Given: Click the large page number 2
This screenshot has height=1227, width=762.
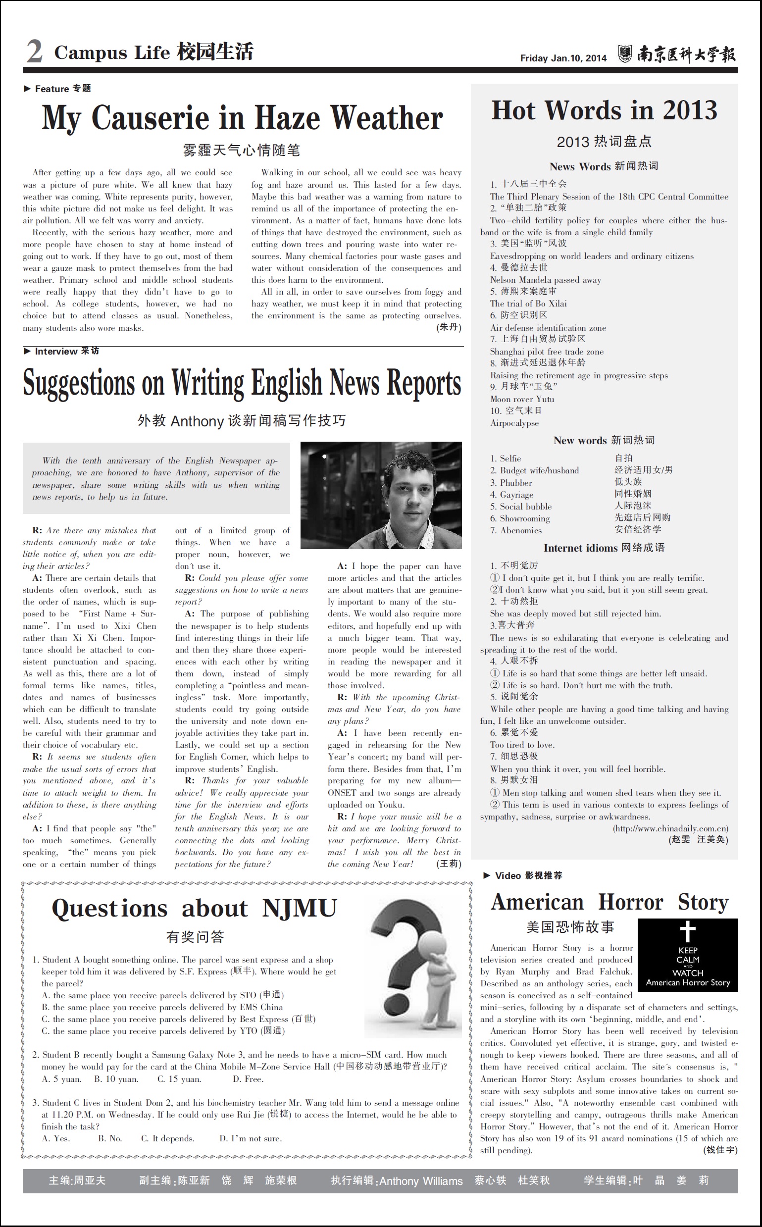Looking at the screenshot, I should (34, 51).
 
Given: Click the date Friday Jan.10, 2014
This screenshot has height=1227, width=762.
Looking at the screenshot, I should (563, 58).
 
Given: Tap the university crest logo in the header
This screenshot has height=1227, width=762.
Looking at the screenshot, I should (625, 53).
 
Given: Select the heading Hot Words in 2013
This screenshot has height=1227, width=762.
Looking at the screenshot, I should (604, 110).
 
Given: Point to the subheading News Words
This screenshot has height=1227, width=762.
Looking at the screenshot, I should (580, 167).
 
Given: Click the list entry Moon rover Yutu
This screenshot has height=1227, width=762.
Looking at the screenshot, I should (521, 399).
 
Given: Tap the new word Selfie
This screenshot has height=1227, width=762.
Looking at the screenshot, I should (510, 459).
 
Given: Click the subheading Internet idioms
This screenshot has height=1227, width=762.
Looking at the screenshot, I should (581, 548).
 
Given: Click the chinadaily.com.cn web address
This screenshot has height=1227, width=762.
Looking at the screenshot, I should (670, 828).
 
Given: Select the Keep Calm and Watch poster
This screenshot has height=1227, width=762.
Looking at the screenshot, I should (687, 955).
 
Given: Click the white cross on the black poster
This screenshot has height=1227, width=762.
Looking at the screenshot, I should (687, 931).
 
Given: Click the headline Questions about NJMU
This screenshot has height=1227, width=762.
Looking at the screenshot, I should (194, 909).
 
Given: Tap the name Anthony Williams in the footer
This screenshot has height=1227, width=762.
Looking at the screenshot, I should (421, 1181).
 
